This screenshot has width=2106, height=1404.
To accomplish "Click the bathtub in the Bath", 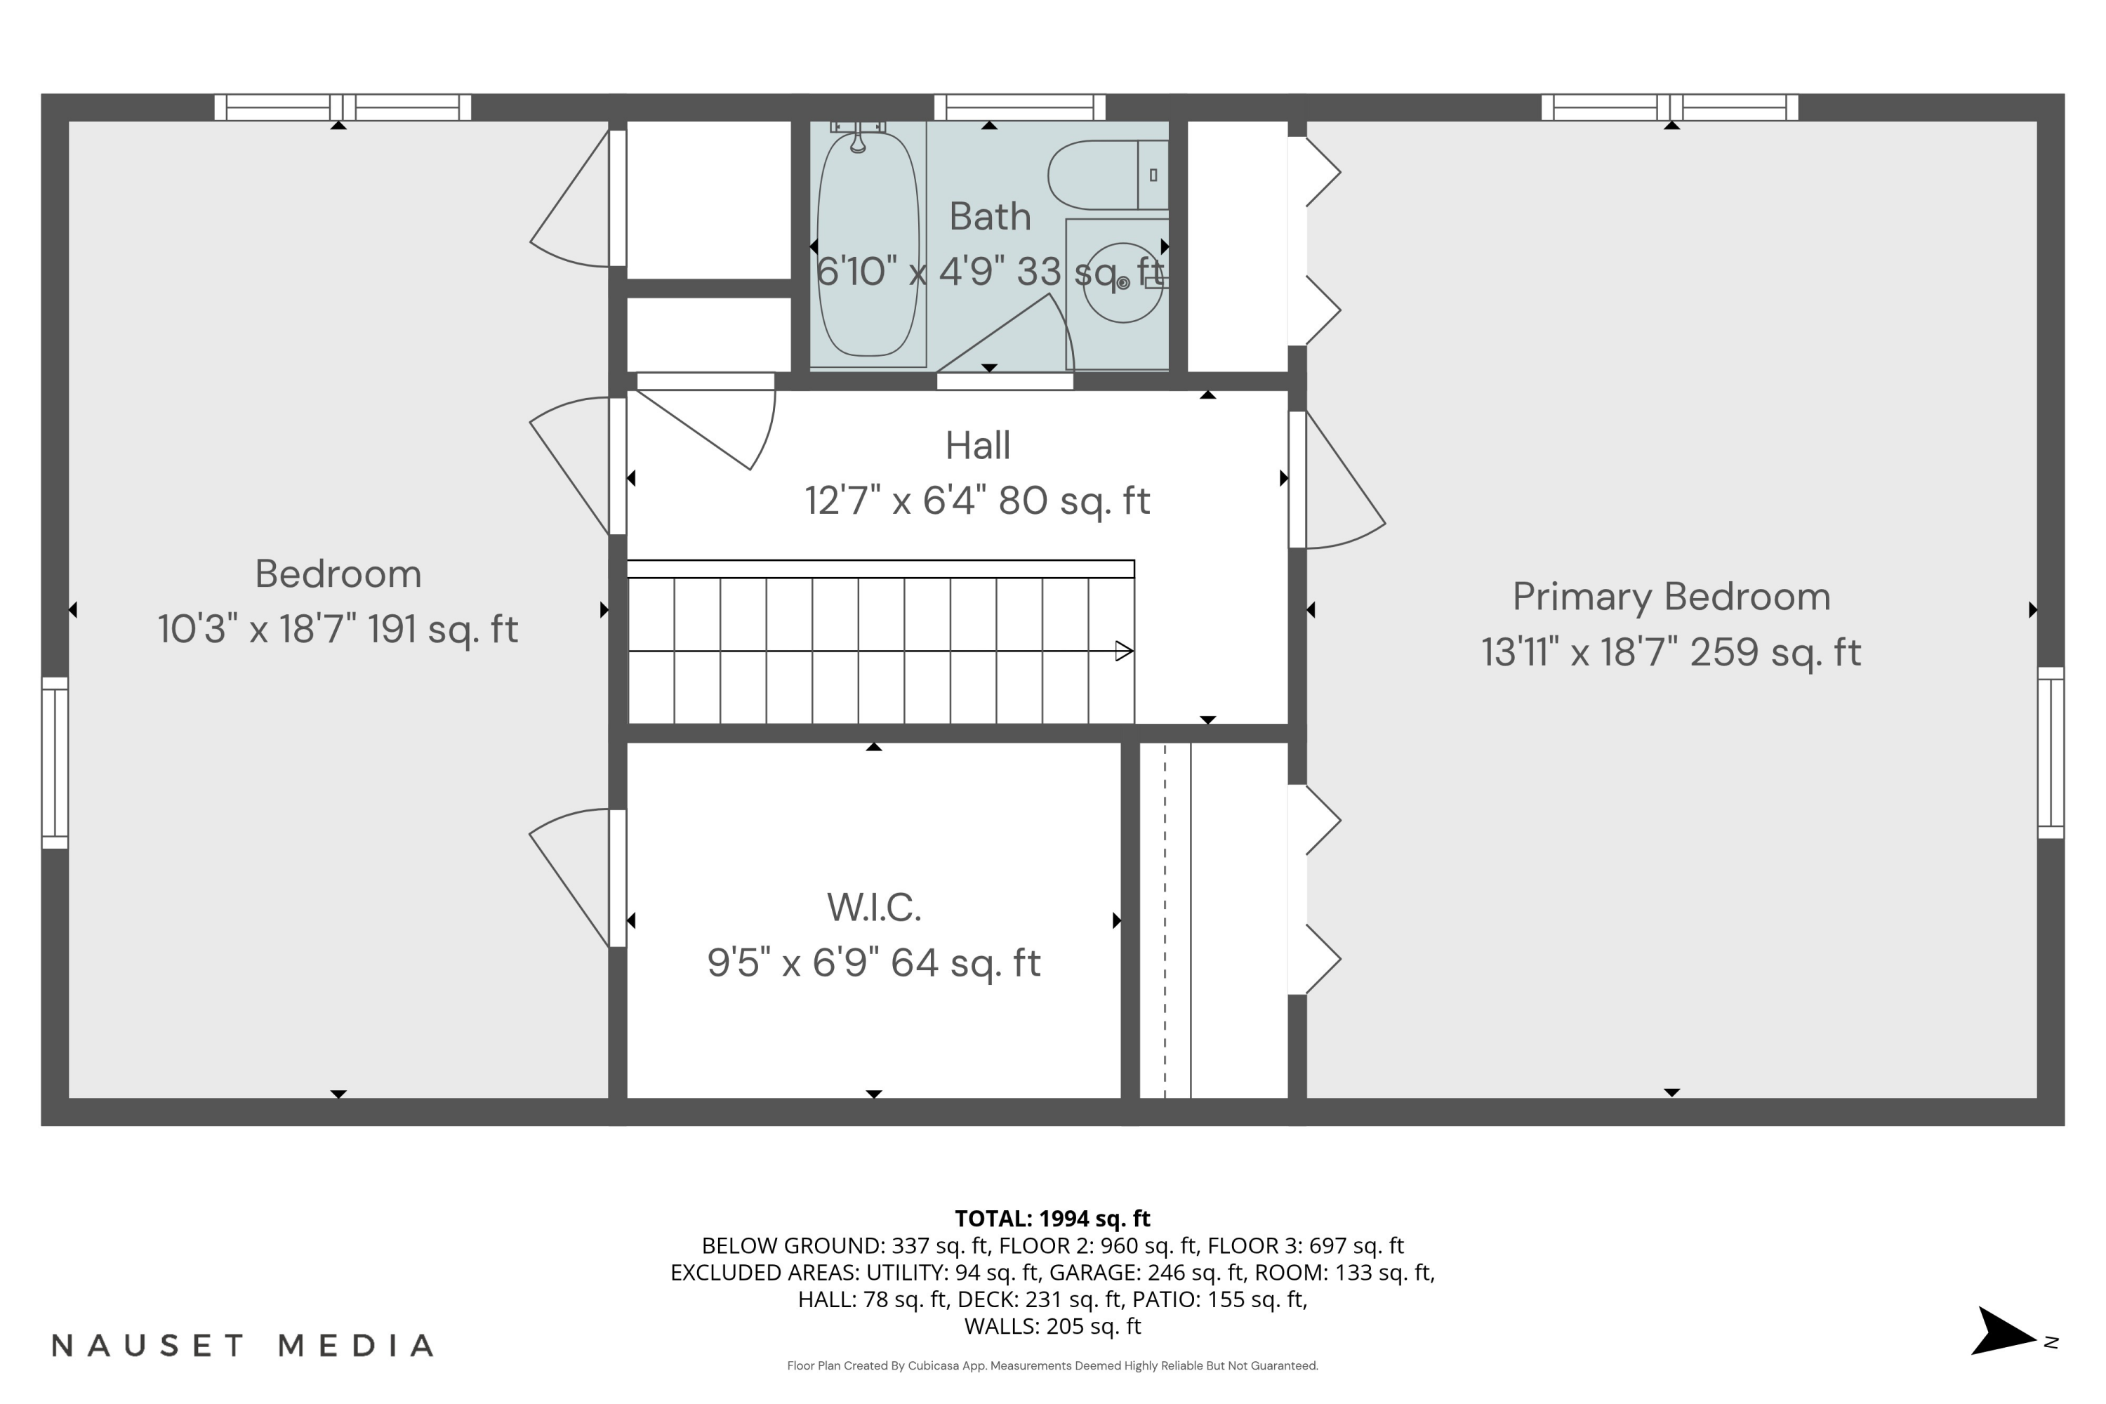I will pyautogui.click(x=867, y=244).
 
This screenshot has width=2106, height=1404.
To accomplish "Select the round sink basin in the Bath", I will pyautogui.click(x=1122, y=283).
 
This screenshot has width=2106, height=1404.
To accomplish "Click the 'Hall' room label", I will pyautogui.click(x=978, y=446).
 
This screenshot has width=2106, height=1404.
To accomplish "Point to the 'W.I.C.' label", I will pyautogui.click(x=874, y=908).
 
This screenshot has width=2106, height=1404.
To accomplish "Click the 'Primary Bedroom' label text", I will pyautogui.click(x=1671, y=597).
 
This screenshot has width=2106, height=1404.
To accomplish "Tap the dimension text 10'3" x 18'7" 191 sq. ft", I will pyautogui.click(x=338, y=630).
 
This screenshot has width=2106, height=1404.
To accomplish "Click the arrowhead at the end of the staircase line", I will pyautogui.click(x=1124, y=651).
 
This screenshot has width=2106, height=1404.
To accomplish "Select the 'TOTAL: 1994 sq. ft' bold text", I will pyautogui.click(x=1052, y=1219).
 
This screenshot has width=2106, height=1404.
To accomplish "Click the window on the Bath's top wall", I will pyautogui.click(x=1019, y=107).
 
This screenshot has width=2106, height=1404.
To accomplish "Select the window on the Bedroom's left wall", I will pyautogui.click(x=55, y=763).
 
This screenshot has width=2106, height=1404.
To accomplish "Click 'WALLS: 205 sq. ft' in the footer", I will pyautogui.click(x=1052, y=1326).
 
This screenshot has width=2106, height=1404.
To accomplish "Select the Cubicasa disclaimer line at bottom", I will pyautogui.click(x=1052, y=1365).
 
